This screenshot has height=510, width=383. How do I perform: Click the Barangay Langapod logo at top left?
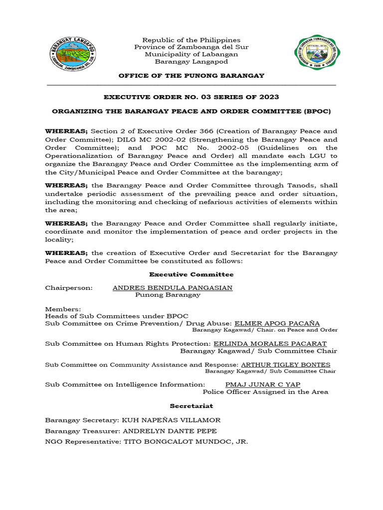point(73,54)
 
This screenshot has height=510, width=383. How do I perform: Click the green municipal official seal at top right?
point(317,52)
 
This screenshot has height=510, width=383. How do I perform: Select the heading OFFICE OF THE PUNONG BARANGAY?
point(191,75)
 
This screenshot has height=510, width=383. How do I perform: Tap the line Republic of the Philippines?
point(191,40)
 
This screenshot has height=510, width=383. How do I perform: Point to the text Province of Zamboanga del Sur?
point(191,47)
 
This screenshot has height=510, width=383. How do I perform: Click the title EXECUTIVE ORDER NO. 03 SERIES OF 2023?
point(191,97)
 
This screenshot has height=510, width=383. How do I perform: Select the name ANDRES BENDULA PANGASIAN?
point(173,288)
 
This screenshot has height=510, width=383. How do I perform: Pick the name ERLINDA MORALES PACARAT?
point(270,344)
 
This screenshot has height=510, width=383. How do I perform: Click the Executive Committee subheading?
point(191,274)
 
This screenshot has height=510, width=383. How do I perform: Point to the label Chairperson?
point(69,288)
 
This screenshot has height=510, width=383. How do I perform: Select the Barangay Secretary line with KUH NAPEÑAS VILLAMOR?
point(133,420)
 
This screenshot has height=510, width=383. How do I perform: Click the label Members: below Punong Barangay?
point(59,309)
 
